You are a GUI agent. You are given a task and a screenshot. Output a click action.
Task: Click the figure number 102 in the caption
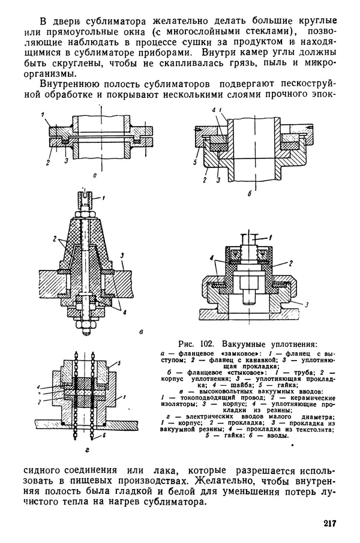point(210,344)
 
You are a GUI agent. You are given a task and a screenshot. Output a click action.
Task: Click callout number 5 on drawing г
point(119,364)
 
